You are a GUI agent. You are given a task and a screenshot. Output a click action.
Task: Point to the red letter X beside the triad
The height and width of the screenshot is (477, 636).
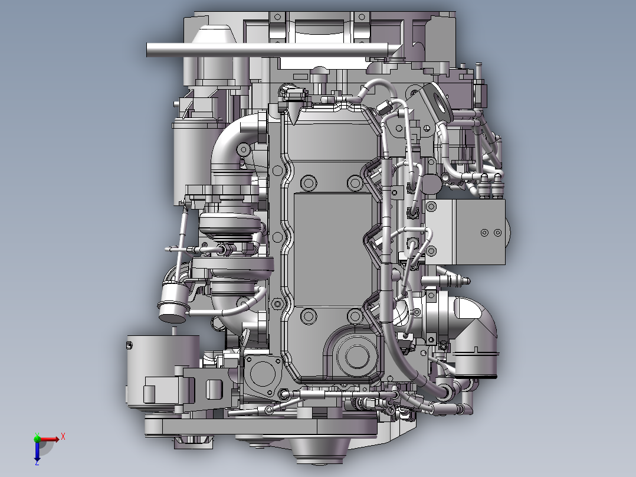coord(63,437)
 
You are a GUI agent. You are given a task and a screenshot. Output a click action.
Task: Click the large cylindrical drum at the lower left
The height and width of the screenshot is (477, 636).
coord(162,371)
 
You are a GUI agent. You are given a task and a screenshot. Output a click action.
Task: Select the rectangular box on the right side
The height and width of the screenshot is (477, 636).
coord(465,232)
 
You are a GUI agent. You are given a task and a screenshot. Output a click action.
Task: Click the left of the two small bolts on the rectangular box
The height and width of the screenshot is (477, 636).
coord(484,233)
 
